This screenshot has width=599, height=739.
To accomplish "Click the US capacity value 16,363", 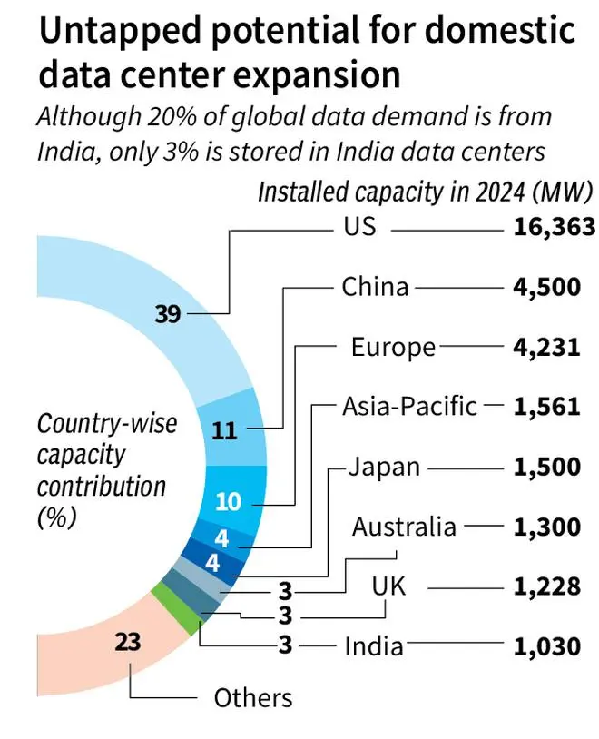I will [541, 228].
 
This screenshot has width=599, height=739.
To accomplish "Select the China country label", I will [375, 288].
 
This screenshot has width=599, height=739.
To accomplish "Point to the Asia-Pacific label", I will [409, 406].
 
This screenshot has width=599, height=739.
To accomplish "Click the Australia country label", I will [404, 526].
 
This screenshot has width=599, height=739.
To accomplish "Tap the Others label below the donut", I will [253, 697].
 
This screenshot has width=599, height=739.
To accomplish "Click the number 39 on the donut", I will [169, 314].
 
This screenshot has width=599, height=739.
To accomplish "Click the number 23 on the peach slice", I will [130, 644].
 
